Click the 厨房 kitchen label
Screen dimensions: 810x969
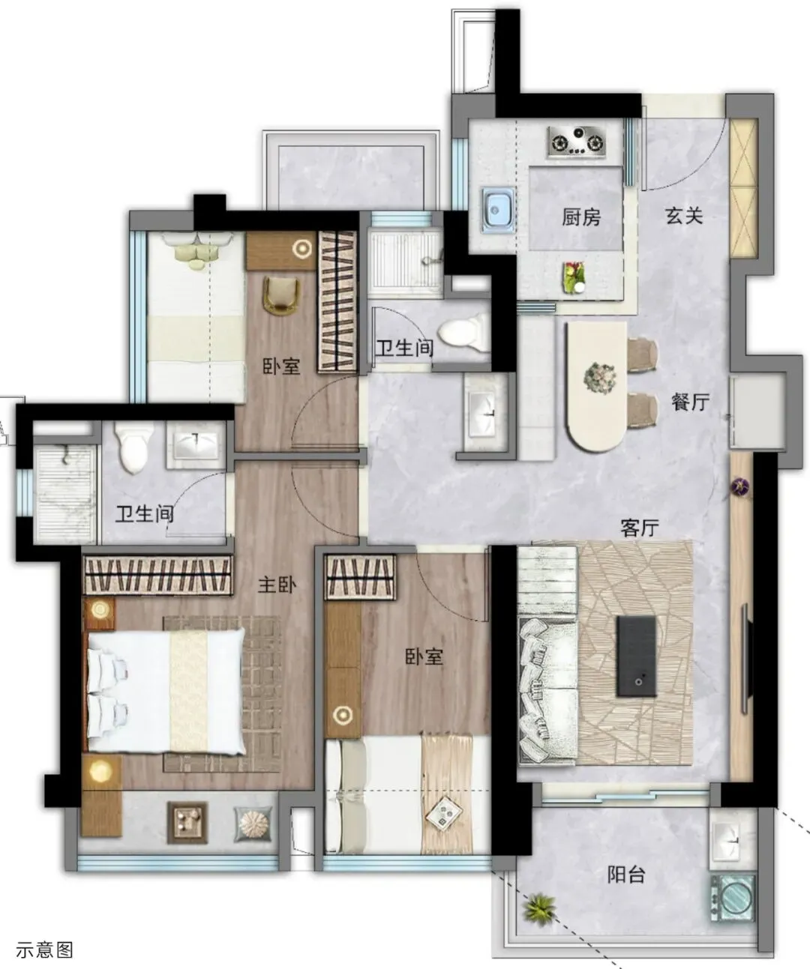point(581,217)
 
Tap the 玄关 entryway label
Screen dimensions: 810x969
point(684,216)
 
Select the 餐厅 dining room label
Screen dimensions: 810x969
point(691,402)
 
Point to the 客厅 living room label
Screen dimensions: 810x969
point(640,528)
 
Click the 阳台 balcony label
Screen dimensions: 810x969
point(626,875)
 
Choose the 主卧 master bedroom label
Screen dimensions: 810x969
point(277,585)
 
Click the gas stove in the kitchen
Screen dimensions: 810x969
point(577,140)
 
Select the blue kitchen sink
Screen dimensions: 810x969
point(498,210)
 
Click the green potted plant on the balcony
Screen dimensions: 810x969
point(539,908)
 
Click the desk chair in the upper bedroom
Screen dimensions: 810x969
point(281,295)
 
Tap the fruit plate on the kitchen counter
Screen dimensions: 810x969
point(574,277)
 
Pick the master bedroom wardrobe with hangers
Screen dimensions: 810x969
point(157,576)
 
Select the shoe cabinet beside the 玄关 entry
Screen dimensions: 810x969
point(743,187)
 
